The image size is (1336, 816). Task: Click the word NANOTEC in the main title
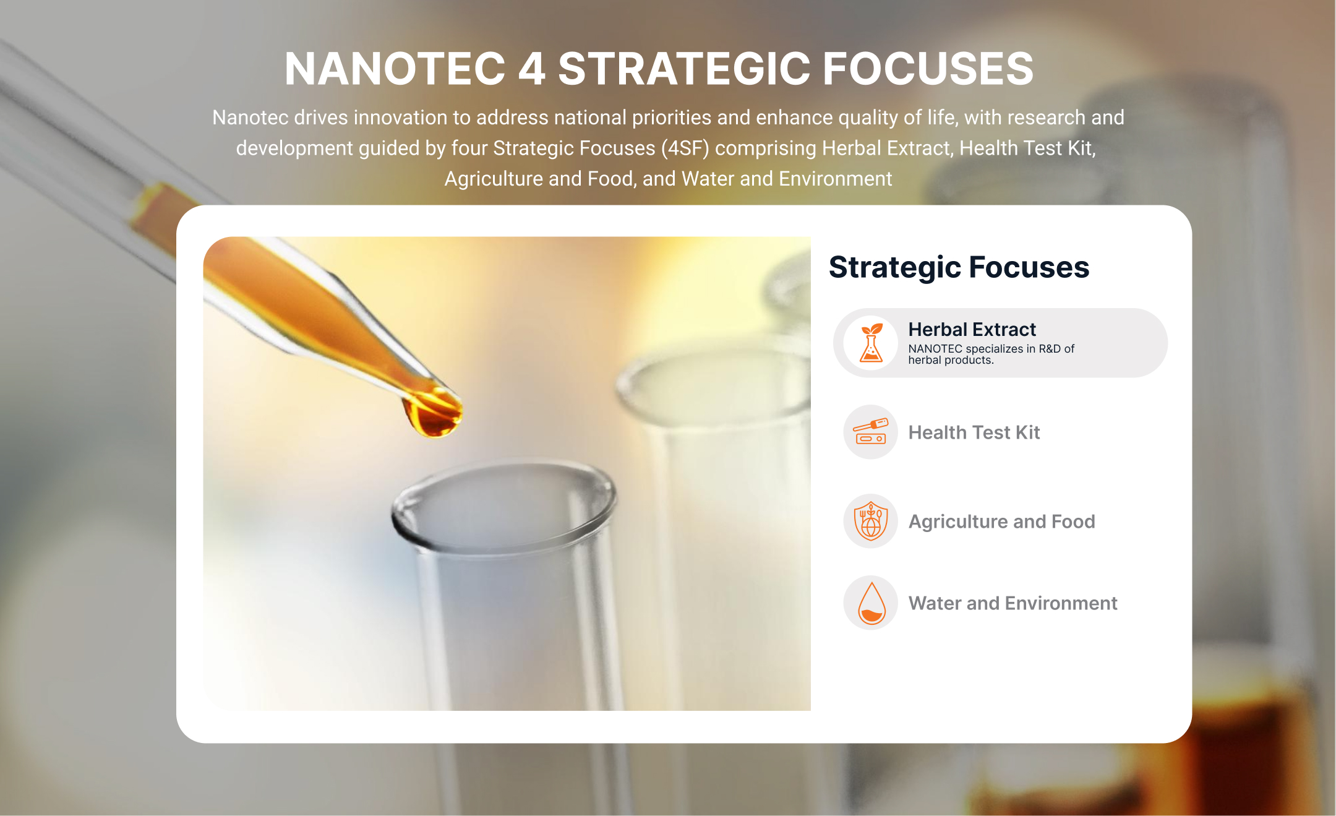click(395, 69)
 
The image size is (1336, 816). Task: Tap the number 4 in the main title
click(532, 69)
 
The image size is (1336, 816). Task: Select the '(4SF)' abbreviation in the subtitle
click(685, 148)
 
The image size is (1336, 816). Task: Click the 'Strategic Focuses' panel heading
click(959, 267)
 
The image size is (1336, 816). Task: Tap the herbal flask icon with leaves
click(871, 343)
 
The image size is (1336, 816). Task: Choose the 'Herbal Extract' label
click(972, 329)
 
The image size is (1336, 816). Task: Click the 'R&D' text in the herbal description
click(1050, 349)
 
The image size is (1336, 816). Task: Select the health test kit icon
click(871, 432)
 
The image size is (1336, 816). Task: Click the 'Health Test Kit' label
click(974, 432)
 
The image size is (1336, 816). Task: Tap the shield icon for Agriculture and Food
click(871, 521)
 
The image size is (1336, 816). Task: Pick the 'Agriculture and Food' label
click(1001, 522)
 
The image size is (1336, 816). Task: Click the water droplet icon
click(871, 603)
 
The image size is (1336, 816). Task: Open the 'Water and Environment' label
click(1013, 603)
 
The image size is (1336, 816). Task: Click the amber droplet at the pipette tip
click(434, 413)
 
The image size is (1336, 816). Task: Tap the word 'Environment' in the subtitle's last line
click(836, 179)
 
